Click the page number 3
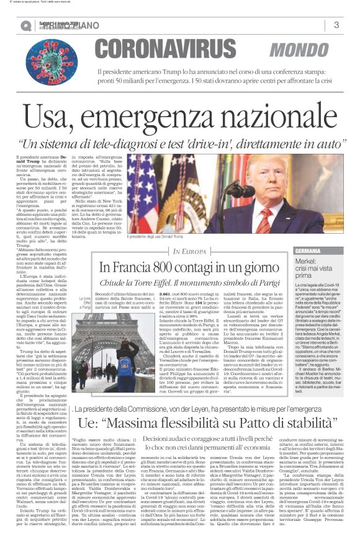coord(336,25)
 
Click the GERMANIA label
coord(308,251)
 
